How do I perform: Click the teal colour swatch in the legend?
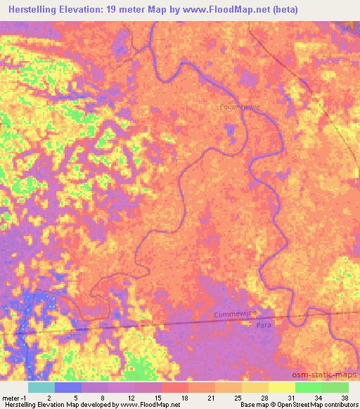(x=41, y=387)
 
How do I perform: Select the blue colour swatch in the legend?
(x=69, y=387)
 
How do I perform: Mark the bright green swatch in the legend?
(x=308, y=387)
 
